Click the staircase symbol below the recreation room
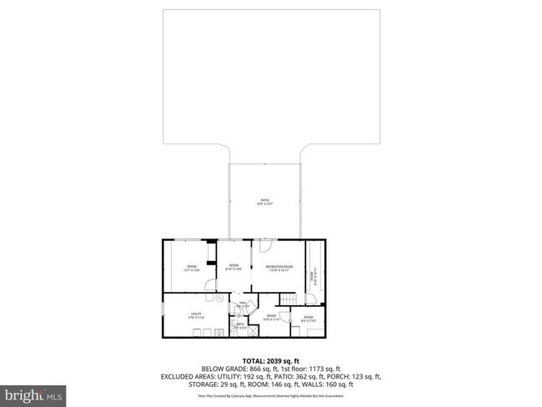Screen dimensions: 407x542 coord(287,299)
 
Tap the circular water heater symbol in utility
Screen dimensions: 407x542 coord(220,298)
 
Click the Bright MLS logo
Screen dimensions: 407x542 coord(34,393)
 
